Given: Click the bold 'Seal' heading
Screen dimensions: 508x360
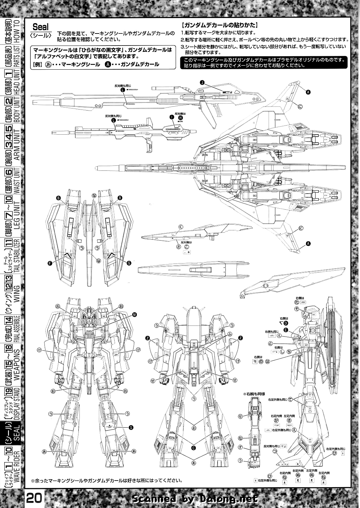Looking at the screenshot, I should pos(41,27).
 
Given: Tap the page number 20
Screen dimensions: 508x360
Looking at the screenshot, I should pos(35,499).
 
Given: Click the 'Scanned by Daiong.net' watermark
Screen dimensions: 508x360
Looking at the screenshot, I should pos(195,499).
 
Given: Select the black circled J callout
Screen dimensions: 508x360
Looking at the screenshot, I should pos(202,82).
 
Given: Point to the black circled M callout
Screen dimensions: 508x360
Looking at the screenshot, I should pos(134,314).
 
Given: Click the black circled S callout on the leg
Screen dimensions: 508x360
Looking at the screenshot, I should pos(131,427).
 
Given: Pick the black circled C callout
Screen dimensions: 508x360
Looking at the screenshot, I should pos(193,448).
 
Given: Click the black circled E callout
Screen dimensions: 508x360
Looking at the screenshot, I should pos(285,330).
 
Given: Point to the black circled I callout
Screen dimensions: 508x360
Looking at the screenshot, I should pos(172,117).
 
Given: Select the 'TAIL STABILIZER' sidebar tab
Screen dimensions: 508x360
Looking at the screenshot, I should pos(10,256).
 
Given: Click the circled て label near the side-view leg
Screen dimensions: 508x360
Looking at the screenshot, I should pos(290,399).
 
